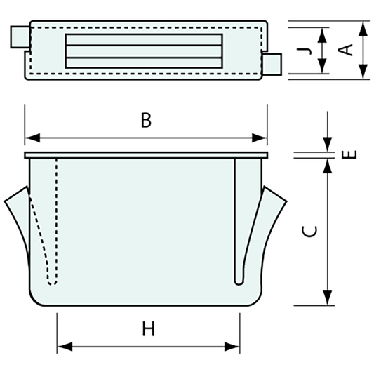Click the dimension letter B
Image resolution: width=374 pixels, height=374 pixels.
[x=145, y=120]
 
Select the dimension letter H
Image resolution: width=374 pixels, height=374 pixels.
[x=148, y=329]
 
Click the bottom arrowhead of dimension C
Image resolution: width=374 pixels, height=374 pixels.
[x=328, y=300]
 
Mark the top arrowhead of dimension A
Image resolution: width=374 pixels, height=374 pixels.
[x=362, y=27]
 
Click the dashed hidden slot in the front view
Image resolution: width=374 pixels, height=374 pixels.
[x=51, y=225]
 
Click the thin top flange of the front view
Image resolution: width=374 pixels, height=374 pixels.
[x=146, y=155]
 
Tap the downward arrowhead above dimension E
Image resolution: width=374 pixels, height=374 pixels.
[x=328, y=145]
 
